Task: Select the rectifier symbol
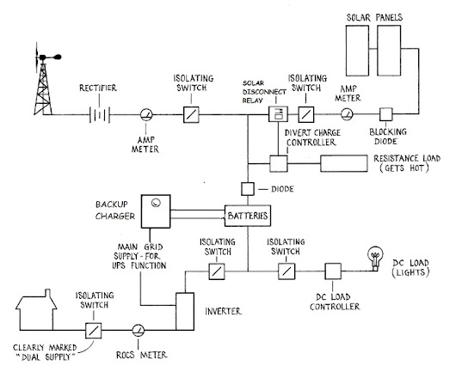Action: coord(100,115)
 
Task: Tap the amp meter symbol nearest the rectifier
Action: coord(146,115)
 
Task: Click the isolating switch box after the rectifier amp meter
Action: coord(191,114)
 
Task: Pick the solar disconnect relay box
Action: coord(278,113)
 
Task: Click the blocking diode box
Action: coord(385,114)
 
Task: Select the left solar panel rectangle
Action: coord(357,51)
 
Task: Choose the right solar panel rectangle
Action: coord(389,51)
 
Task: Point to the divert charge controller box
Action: coord(278,164)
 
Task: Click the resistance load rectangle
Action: coord(344,163)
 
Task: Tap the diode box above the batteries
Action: coord(248,189)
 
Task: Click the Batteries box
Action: coord(248,216)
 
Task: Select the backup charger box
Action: coord(156,211)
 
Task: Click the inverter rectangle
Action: coord(185,312)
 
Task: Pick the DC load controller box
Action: coord(333,271)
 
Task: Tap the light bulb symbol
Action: coord(375,259)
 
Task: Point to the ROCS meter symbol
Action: coord(139,331)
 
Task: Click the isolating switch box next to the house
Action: coord(94,331)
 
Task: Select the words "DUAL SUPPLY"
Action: coord(46,357)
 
